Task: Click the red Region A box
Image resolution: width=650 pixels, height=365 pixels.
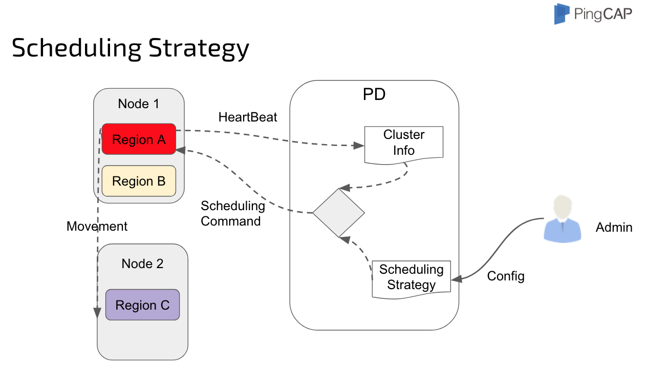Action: click(x=139, y=139)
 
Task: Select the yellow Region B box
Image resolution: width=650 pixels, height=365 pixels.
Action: click(x=139, y=181)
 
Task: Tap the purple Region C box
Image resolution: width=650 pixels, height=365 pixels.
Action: click(x=142, y=305)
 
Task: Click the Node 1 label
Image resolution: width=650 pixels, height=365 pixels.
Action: click(x=138, y=104)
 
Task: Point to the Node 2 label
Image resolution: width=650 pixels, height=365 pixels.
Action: click(x=142, y=263)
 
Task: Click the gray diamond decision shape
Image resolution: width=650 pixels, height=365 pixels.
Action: click(x=339, y=212)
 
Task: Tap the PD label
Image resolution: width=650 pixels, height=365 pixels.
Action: click(x=374, y=95)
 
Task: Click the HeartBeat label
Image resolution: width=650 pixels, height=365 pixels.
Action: click(x=248, y=117)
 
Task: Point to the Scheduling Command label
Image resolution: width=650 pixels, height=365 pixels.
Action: click(x=232, y=213)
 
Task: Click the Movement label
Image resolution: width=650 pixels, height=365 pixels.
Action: click(x=97, y=226)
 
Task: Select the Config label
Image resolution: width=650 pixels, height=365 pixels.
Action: click(x=506, y=276)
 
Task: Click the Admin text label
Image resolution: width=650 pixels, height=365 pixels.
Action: click(x=614, y=227)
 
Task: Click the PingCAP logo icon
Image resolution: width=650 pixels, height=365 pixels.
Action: click(x=561, y=14)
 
